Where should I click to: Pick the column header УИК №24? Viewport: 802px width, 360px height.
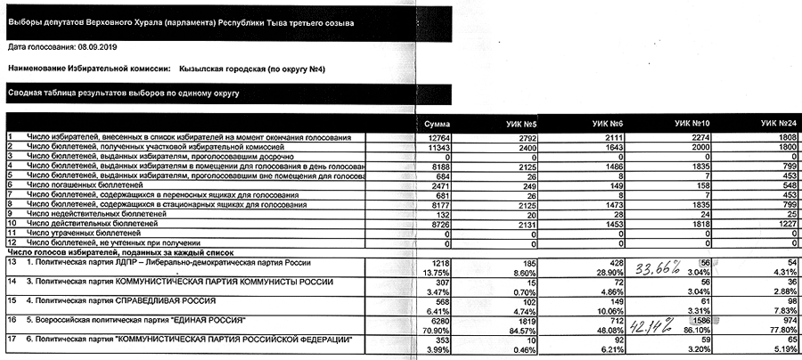coord(776,122)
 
